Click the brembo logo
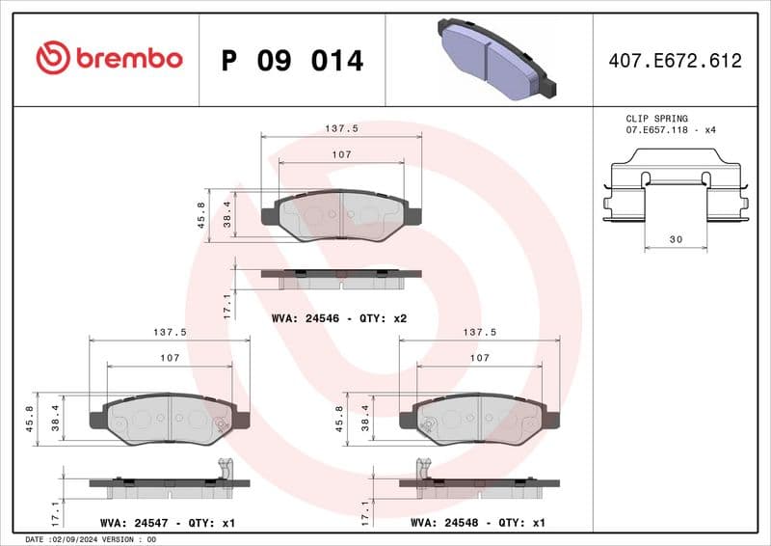pyautogui.click(x=108, y=59)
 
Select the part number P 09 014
pyautogui.click(x=292, y=61)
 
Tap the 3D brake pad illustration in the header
pyautogui.click(x=493, y=60)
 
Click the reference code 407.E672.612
pyautogui.click(x=675, y=61)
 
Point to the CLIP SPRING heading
pyautogui.click(x=657, y=119)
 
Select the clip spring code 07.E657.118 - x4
pyautogui.click(x=672, y=129)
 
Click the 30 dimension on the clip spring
pyautogui.click(x=675, y=238)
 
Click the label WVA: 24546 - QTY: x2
pyautogui.click(x=341, y=317)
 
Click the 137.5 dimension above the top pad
pyautogui.click(x=341, y=127)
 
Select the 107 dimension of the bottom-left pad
pyautogui.click(x=170, y=358)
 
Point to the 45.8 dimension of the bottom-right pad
pyautogui.click(x=340, y=421)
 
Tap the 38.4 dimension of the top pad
pyautogui.click(x=227, y=213)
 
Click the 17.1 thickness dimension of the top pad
pyautogui.click(x=227, y=306)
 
